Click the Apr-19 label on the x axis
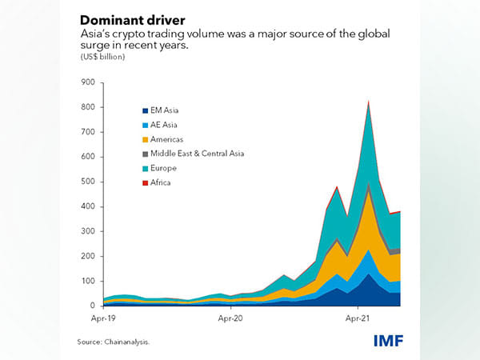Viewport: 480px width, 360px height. pyautogui.click(x=104, y=318)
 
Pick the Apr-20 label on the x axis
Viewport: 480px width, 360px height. pyautogui.click(x=230, y=318)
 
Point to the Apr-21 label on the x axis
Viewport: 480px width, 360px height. pyautogui.click(x=357, y=318)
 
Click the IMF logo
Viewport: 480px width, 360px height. pyautogui.click(x=388, y=342)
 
